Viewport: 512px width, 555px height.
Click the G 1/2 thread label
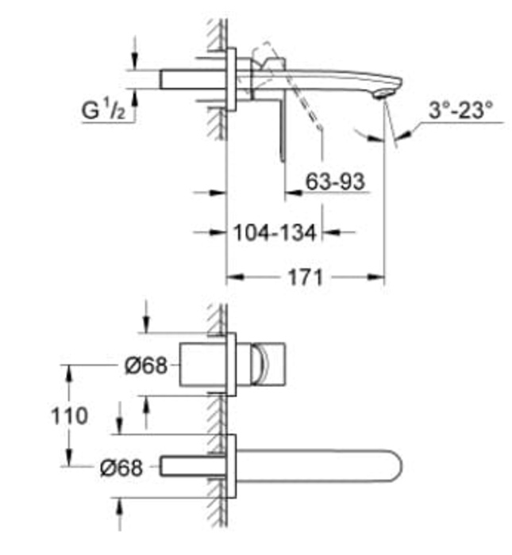tap(103, 109)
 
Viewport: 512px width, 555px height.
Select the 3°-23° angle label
tap(460, 109)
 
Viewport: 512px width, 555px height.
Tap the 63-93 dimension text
tap(335, 182)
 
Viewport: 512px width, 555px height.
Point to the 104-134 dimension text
tap(275, 233)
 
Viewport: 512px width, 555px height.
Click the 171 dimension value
tap(306, 277)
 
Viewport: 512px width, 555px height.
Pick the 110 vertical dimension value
tap(69, 415)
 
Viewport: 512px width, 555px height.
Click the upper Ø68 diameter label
tap(146, 365)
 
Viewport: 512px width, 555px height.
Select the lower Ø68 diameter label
tap(121, 467)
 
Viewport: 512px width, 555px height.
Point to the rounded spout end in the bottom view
tap(393, 466)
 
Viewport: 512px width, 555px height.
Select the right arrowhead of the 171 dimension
tap(376, 277)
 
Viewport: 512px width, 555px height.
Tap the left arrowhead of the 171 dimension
tap(235, 277)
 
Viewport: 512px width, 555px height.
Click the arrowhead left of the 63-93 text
tap(294, 193)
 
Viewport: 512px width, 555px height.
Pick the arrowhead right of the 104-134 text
tap(331, 232)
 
